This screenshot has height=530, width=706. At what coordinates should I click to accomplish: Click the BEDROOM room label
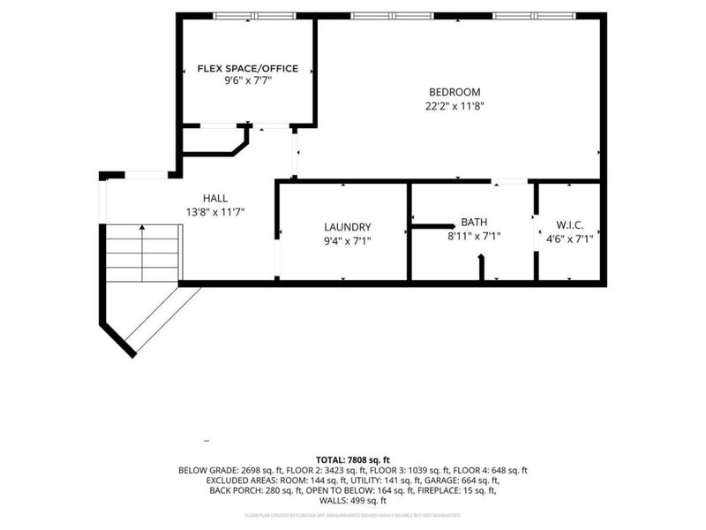454,92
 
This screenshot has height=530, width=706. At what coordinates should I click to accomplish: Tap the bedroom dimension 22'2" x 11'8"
454,106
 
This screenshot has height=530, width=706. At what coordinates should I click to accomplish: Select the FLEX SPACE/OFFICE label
247,68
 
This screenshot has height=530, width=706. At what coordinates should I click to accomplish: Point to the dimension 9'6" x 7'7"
247,80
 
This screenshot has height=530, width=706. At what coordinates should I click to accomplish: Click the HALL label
215,199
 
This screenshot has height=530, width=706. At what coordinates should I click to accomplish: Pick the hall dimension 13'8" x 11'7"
215,212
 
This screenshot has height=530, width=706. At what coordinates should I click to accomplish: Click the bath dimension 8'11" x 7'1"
474,237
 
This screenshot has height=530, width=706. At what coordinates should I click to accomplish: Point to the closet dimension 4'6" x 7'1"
569,238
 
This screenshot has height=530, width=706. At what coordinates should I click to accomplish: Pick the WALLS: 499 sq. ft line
353,501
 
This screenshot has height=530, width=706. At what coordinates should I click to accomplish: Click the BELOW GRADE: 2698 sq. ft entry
237,471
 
